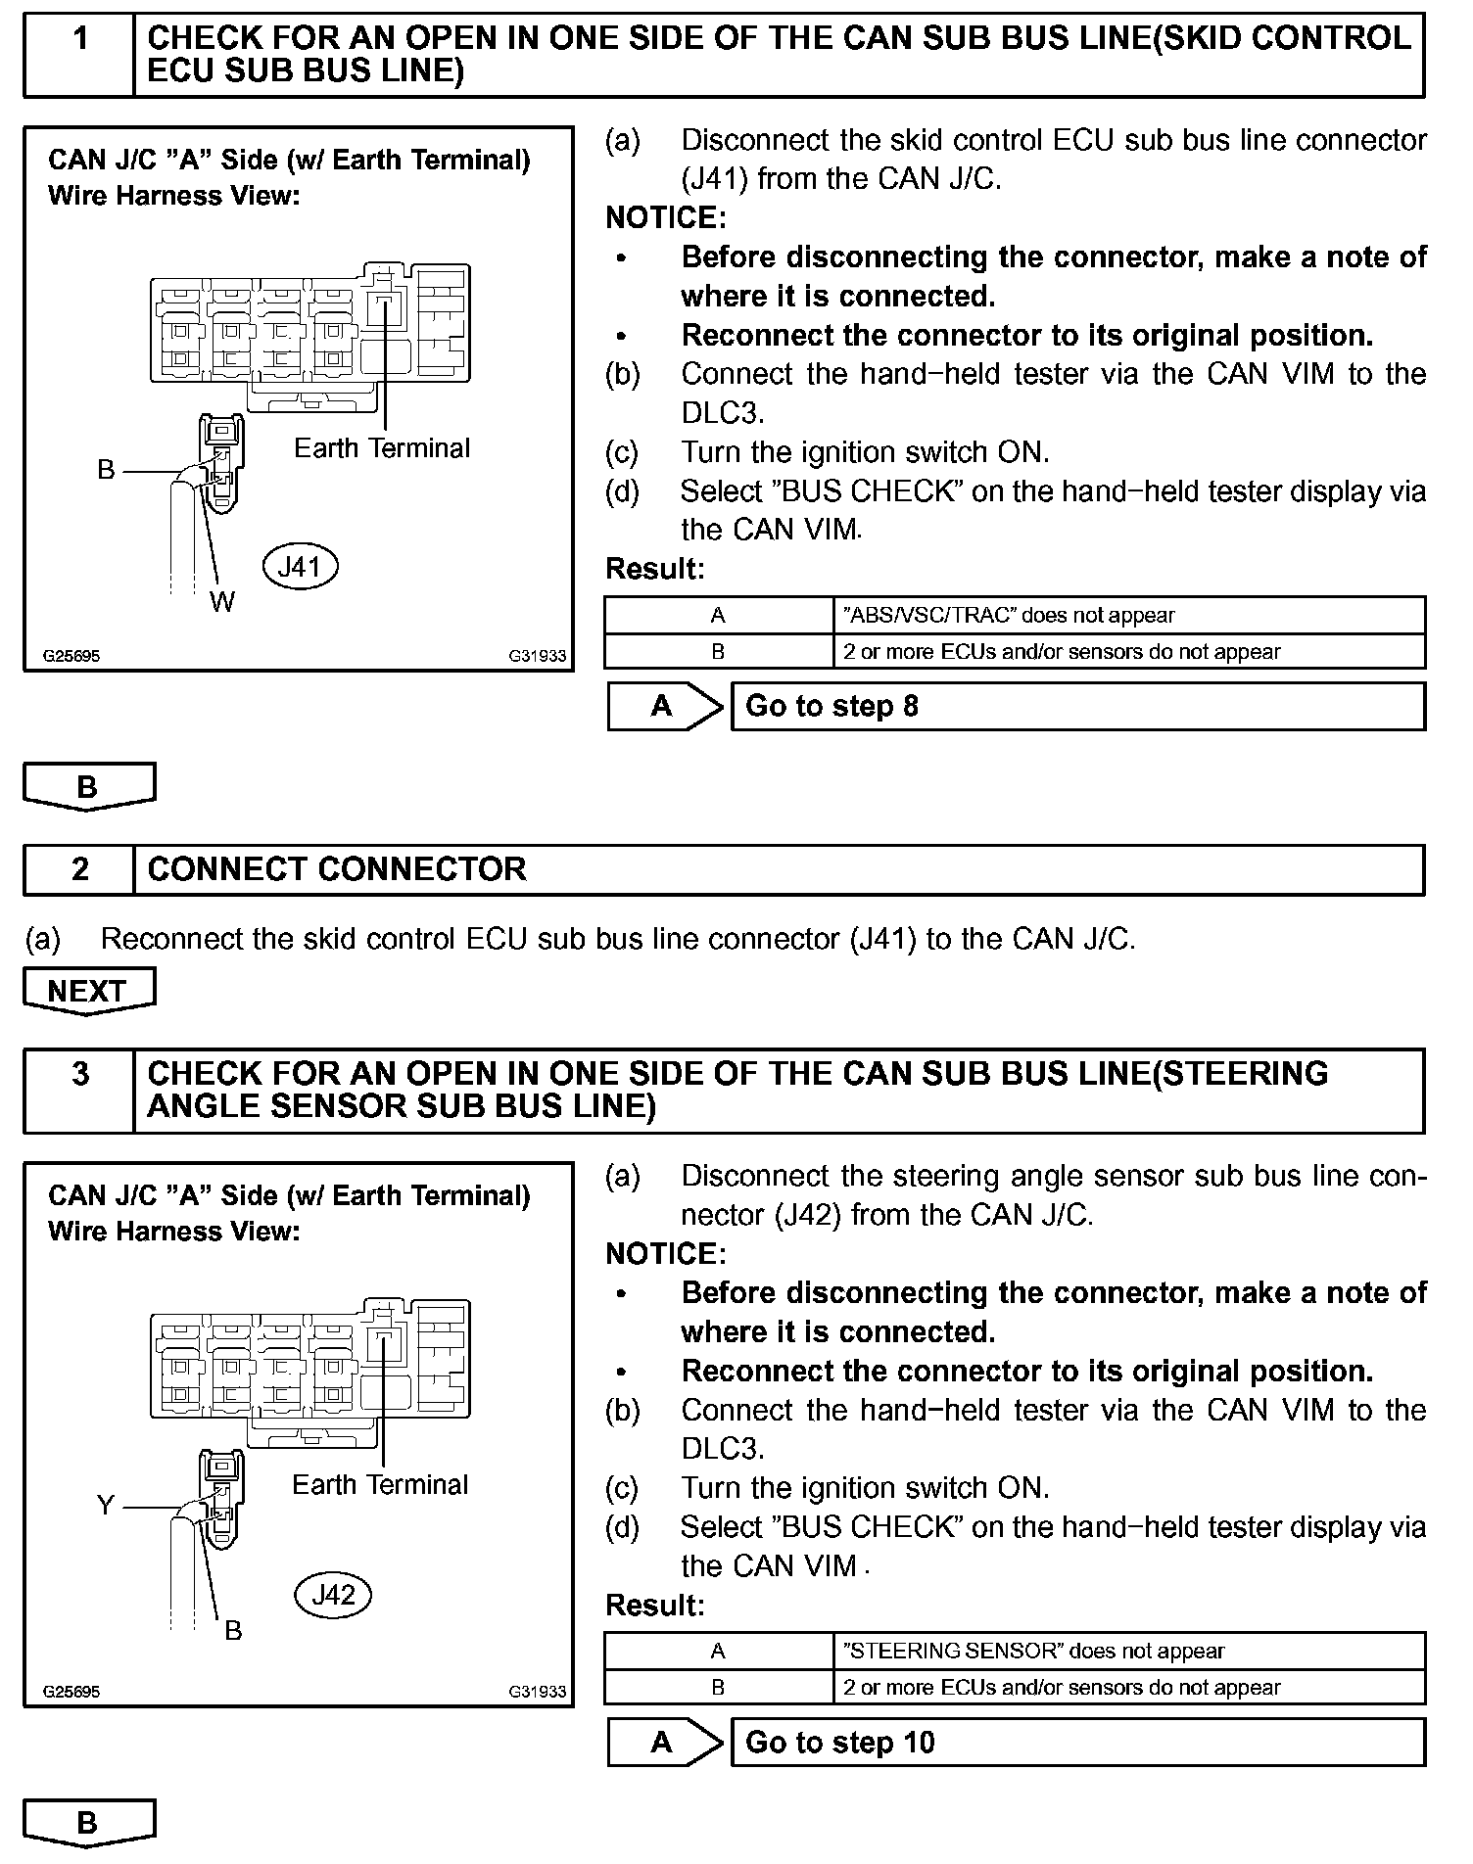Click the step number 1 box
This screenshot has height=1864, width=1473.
[79, 54]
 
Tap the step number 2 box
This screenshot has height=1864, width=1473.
[79, 869]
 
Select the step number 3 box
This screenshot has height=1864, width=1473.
[79, 1090]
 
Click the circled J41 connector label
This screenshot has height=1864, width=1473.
[300, 566]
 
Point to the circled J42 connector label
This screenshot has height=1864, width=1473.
[332, 1595]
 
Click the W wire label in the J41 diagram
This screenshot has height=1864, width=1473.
[222, 602]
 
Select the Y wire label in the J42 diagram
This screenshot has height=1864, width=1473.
[106, 1505]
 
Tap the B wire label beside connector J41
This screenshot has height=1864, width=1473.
[106, 470]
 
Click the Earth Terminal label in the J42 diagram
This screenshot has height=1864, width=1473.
[380, 1484]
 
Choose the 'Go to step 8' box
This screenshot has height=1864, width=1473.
[1077, 706]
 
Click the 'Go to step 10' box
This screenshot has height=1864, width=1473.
[1077, 1742]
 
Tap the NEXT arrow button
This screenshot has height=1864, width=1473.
[88, 991]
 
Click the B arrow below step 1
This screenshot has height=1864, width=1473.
[88, 786]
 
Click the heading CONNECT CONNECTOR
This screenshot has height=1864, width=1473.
[337, 869]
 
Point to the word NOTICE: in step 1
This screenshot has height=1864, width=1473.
[666, 217]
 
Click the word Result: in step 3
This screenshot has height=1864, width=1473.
[655, 1605]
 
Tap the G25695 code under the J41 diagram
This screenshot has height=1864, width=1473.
[71, 656]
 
